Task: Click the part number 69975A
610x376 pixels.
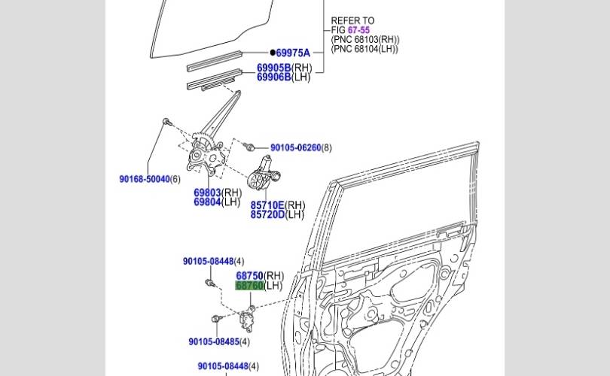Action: pos(293,53)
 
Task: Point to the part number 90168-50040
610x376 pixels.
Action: pos(144,179)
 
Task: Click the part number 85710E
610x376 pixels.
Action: pos(267,205)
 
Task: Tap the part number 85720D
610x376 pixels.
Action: pos(267,215)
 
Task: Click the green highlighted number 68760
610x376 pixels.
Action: pos(249,286)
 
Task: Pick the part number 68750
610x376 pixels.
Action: pos(249,276)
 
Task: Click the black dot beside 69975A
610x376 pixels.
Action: pos(273,53)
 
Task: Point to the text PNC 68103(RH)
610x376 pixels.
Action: pos(365,40)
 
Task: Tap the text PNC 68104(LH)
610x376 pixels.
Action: pos(364,49)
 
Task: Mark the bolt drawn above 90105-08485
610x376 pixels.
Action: pos(216,319)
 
